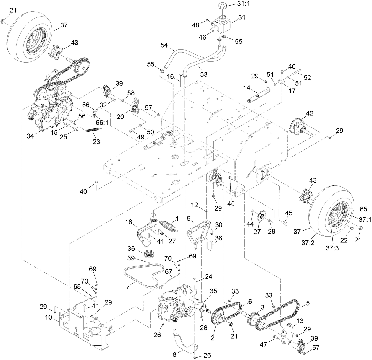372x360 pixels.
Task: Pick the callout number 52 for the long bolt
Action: (307, 78)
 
